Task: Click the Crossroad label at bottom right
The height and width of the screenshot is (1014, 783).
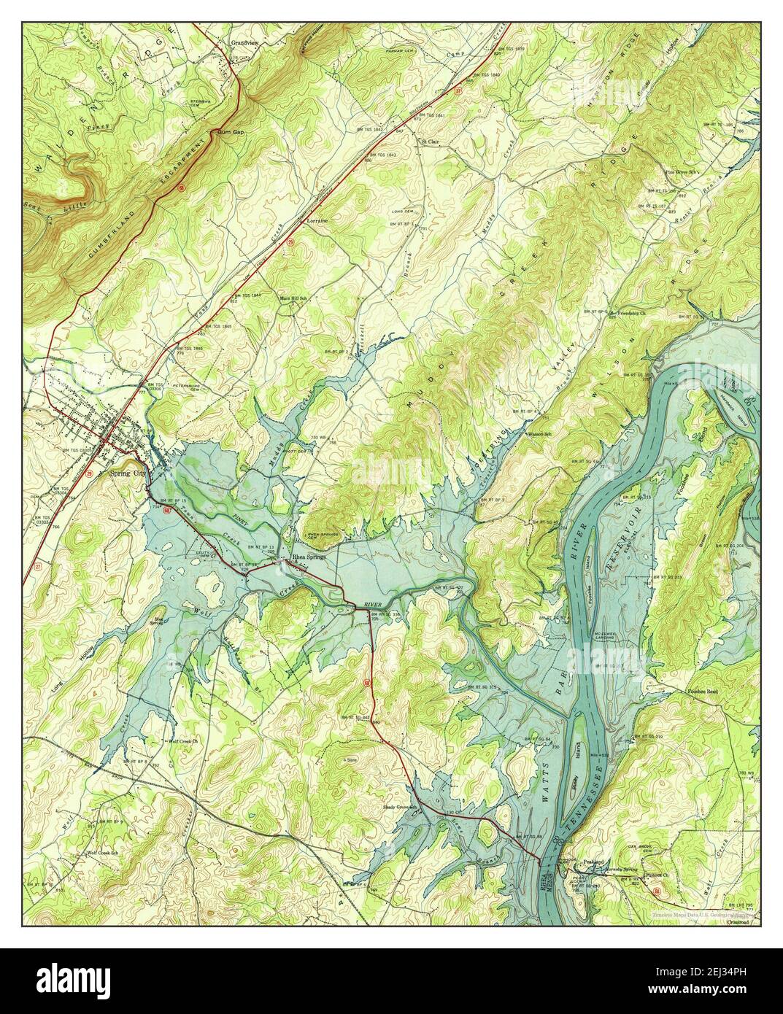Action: point(739,921)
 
